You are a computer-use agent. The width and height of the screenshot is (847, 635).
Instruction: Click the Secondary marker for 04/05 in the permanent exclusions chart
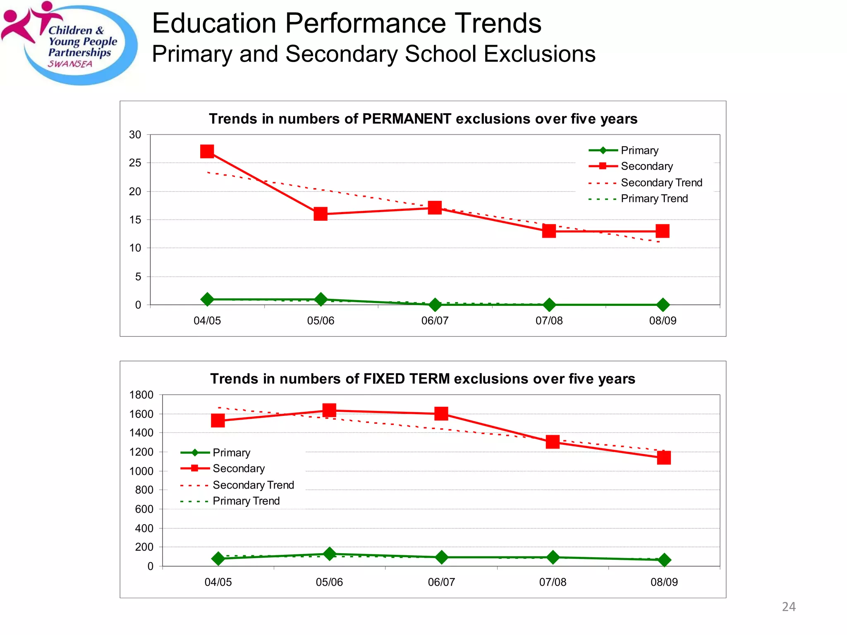[x=207, y=151]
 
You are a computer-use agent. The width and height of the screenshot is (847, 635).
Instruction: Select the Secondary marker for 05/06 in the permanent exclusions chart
[x=321, y=214]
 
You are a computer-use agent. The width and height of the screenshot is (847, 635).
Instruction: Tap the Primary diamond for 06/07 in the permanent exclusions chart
[x=435, y=305]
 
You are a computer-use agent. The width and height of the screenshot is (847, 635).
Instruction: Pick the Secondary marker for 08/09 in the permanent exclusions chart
[x=663, y=231]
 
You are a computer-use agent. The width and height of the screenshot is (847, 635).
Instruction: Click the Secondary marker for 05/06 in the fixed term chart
[x=329, y=411]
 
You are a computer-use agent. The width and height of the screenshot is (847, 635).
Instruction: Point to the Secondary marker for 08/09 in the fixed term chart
[x=664, y=458]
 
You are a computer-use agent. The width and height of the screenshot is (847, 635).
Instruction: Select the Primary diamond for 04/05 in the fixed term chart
[x=218, y=559]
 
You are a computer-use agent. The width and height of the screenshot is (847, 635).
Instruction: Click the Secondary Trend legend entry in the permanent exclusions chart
[x=661, y=183]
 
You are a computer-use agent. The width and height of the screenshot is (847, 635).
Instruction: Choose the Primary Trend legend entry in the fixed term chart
[x=246, y=501]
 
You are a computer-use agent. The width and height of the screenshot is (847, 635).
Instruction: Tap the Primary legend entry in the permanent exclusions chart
[x=639, y=150]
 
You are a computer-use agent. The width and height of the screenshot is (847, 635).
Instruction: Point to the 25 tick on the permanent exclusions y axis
[x=135, y=163]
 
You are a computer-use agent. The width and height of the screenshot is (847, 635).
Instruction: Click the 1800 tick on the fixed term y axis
[x=141, y=395]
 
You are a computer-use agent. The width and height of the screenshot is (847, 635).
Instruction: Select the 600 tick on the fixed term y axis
[x=144, y=509]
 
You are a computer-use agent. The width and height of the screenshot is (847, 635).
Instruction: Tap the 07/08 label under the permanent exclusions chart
[x=549, y=321]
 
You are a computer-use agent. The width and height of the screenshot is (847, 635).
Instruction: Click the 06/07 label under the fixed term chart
[x=441, y=582]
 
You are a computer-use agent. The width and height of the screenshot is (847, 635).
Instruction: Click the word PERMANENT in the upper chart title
[x=407, y=119]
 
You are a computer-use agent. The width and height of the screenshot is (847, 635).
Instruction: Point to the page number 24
[x=789, y=606]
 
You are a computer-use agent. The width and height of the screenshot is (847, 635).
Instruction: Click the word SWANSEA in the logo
[x=70, y=64]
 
